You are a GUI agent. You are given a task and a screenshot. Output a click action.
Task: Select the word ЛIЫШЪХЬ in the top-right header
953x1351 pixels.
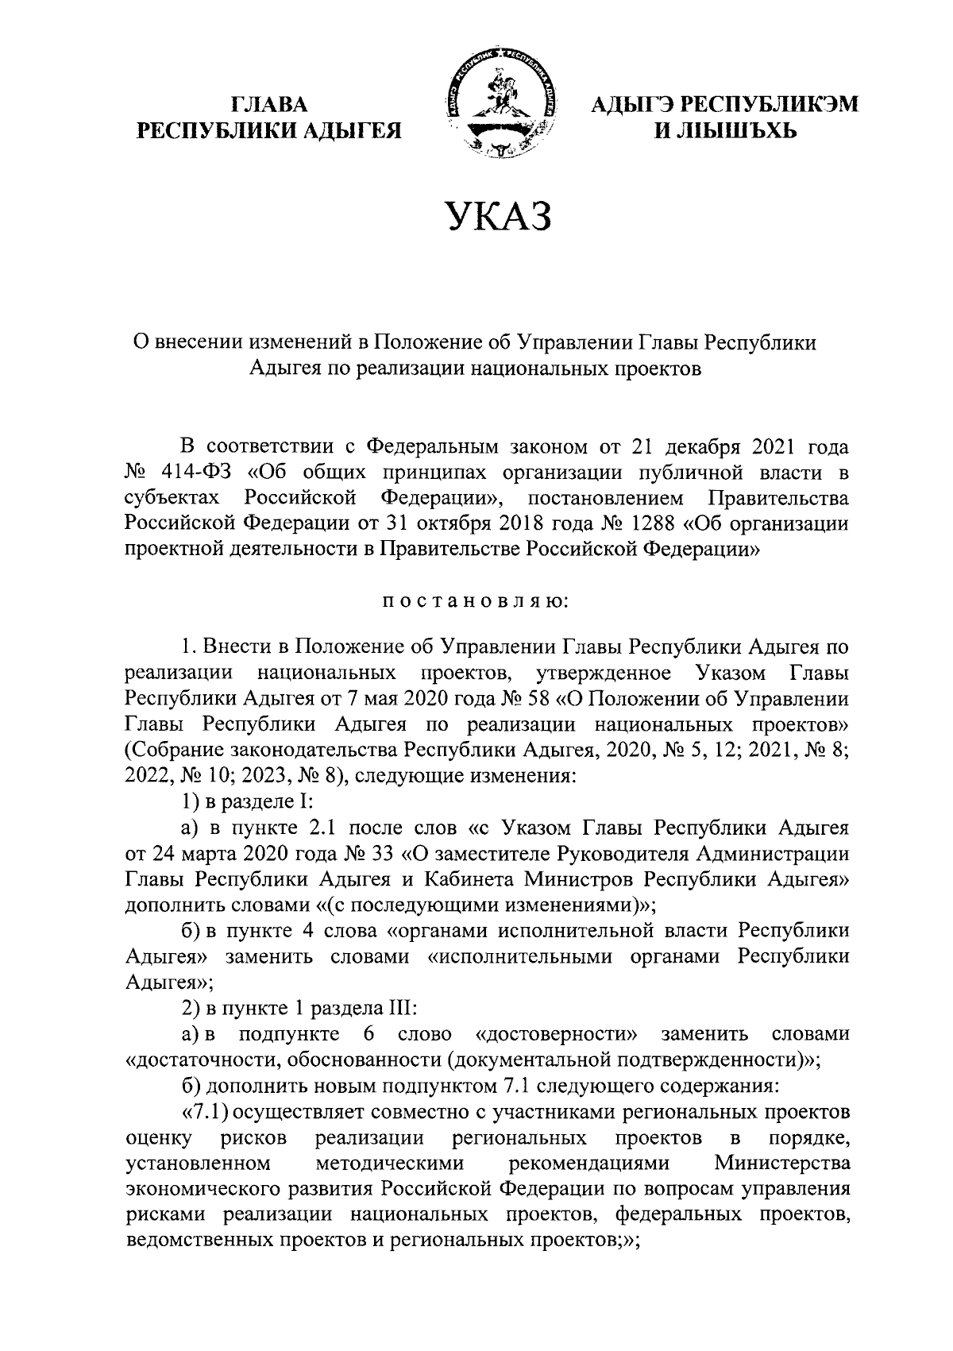(x=724, y=129)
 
